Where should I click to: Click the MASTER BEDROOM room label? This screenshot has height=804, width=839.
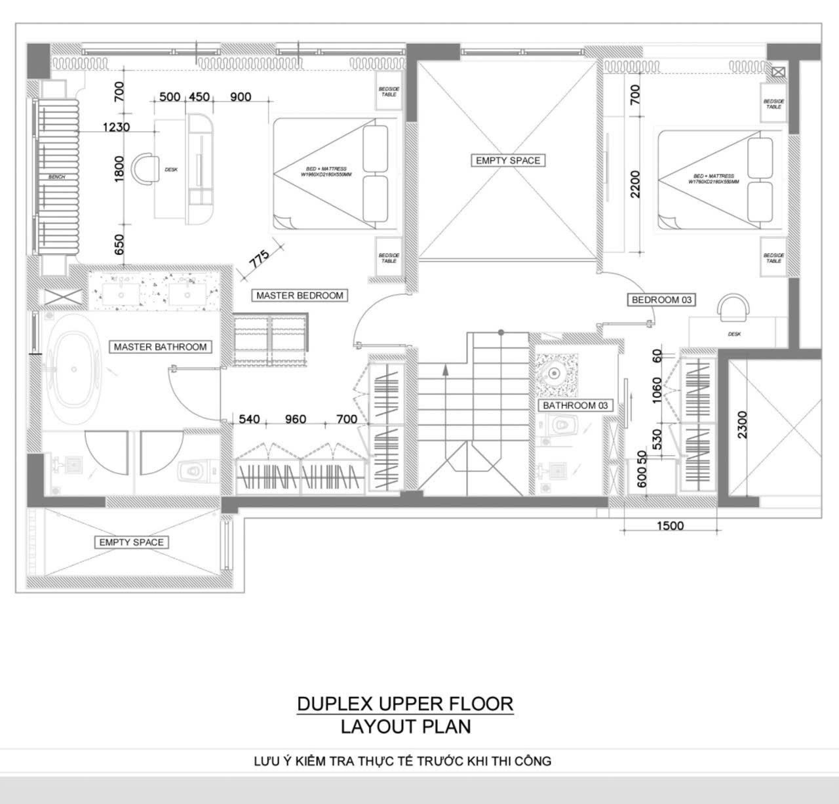click(300, 295)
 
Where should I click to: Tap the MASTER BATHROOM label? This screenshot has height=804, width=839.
click(160, 347)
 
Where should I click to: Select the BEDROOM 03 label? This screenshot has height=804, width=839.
click(661, 300)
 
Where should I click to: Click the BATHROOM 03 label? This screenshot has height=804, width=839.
click(576, 405)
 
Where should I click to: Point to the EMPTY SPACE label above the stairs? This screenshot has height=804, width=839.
click(508, 160)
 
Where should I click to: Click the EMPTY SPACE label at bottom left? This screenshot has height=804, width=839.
click(131, 542)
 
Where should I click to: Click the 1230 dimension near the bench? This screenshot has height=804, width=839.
click(116, 127)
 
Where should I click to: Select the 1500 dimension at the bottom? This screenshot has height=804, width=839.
click(670, 525)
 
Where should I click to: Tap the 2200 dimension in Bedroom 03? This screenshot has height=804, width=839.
click(634, 184)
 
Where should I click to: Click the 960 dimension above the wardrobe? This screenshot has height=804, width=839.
click(296, 419)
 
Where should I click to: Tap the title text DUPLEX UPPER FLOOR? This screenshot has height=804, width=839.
click(405, 704)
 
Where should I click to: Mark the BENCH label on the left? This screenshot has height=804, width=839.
click(56, 177)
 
